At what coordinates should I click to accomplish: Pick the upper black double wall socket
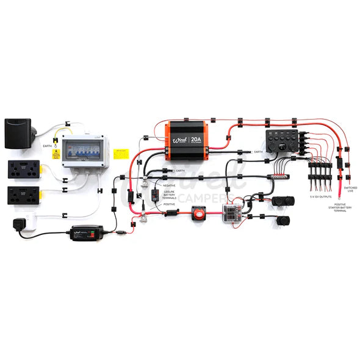(24, 169)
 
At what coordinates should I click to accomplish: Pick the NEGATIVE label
(169, 184)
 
